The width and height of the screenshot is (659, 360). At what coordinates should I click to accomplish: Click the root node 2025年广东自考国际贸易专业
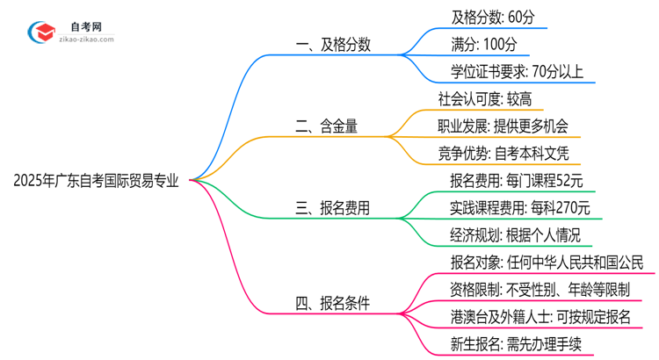click(96, 181)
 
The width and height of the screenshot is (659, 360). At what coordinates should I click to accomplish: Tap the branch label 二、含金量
click(326, 126)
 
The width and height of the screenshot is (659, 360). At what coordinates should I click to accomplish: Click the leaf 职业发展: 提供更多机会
click(503, 126)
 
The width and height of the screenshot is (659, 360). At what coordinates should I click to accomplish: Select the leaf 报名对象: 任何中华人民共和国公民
click(547, 263)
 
